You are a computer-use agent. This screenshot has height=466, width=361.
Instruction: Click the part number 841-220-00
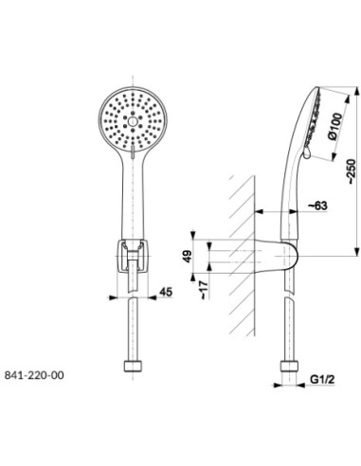pyautogui.click(x=34, y=375)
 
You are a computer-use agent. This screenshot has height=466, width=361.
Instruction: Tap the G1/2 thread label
pyautogui.click(x=322, y=379)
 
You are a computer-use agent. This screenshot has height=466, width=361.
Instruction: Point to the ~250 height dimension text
pyautogui.click(x=352, y=171)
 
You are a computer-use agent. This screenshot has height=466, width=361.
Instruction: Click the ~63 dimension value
pyautogui.click(x=317, y=206)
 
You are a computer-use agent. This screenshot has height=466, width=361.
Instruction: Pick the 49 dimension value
pyautogui.click(x=188, y=257)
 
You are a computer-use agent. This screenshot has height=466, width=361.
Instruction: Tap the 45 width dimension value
pyautogui.click(x=166, y=292)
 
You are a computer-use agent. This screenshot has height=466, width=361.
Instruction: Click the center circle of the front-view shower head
pyautogui.click(x=133, y=120)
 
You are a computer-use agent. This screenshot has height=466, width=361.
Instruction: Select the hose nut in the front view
pyautogui.click(x=133, y=367)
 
